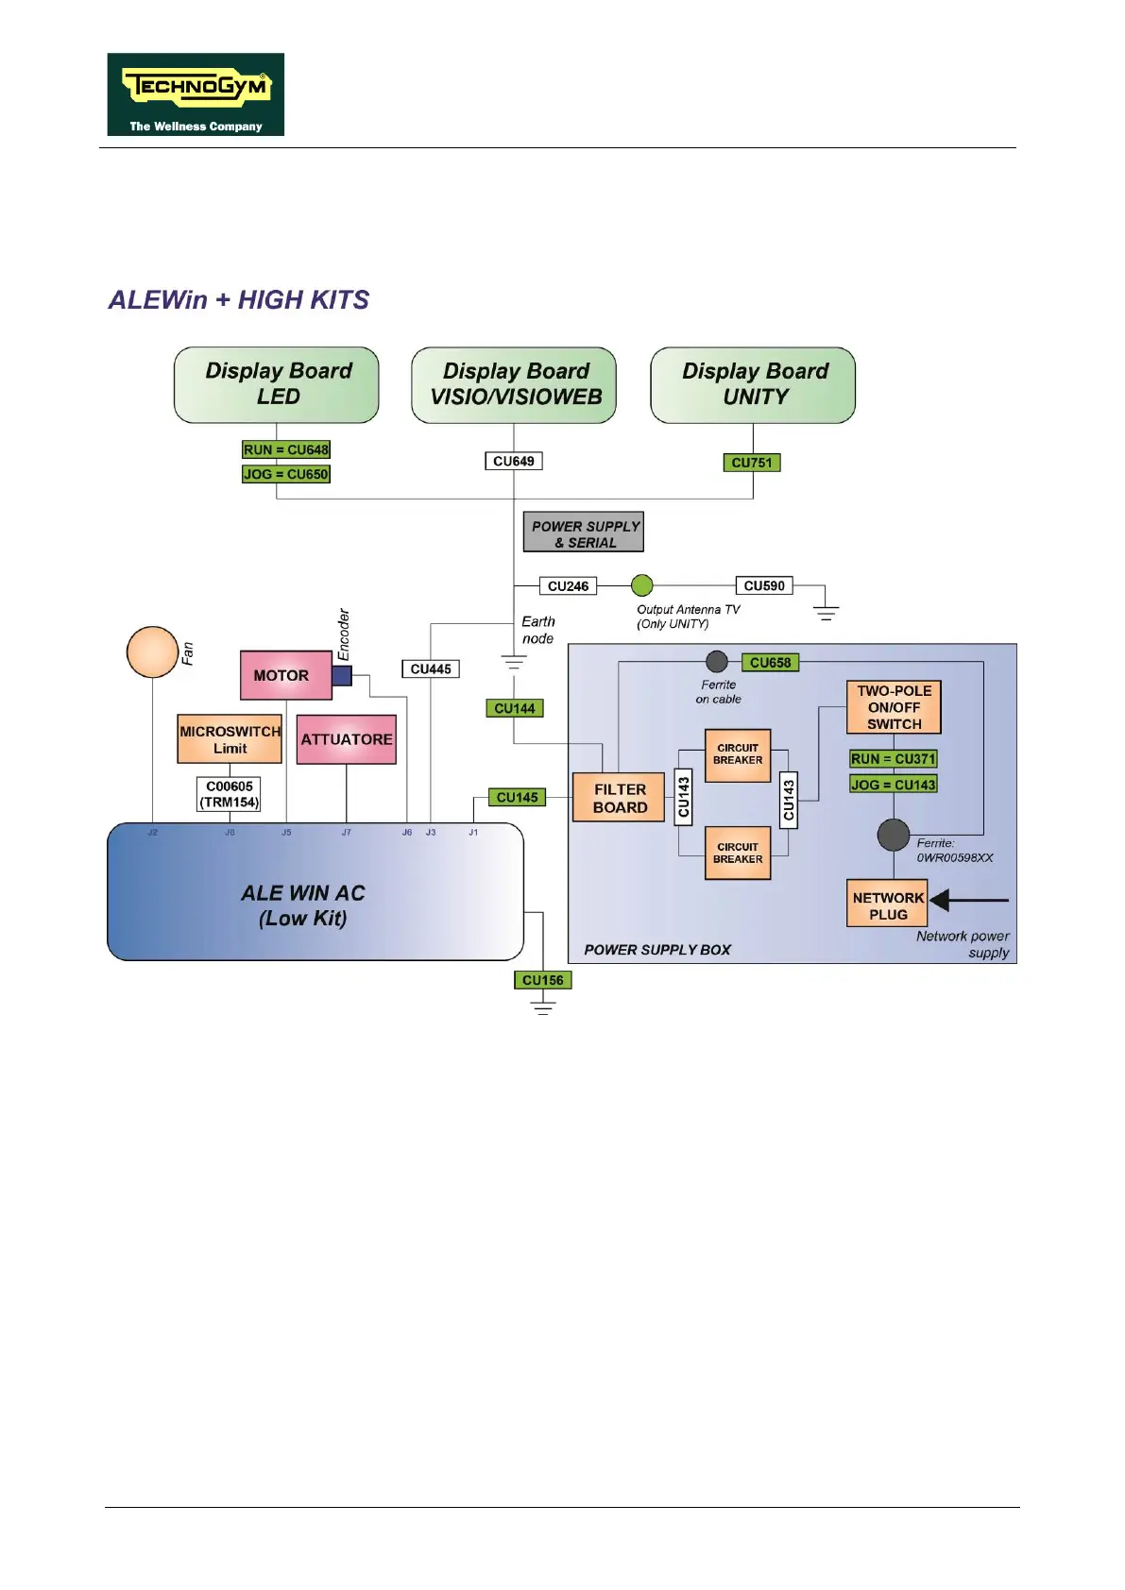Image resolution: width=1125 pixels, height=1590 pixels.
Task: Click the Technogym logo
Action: [x=196, y=94]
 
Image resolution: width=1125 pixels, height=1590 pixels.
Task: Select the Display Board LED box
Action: [x=277, y=384]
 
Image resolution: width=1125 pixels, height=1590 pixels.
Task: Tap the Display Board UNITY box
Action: [x=753, y=384]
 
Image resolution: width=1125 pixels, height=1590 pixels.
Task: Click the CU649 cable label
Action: [x=514, y=462]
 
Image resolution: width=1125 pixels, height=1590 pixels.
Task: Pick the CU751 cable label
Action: [x=752, y=463]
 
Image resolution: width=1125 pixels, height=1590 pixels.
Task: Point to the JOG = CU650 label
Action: [x=286, y=474]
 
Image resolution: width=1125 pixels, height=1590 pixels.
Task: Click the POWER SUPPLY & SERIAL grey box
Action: [x=584, y=533]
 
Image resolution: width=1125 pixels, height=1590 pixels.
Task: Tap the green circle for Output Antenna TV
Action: [x=642, y=585]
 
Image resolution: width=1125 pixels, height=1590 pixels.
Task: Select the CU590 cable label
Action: [x=764, y=585]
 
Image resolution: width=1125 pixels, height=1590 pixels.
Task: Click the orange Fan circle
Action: [x=152, y=651]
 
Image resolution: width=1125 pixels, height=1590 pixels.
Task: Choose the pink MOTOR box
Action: [x=285, y=675]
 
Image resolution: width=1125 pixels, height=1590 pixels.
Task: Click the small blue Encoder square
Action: [x=342, y=675]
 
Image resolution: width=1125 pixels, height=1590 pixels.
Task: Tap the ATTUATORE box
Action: [x=347, y=739]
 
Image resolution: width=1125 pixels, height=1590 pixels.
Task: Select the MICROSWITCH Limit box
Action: [x=230, y=739]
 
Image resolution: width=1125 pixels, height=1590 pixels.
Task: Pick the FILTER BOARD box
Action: [x=620, y=798]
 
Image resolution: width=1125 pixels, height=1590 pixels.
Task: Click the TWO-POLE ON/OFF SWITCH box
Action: [x=894, y=707]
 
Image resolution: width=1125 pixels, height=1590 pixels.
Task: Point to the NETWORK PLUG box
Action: [x=888, y=905]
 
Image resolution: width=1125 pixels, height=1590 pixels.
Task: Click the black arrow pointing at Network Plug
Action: [x=967, y=900]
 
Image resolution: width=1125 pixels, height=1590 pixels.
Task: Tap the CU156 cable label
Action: [x=543, y=980]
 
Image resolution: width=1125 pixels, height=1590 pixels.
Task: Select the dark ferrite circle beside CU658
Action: [x=717, y=662]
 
